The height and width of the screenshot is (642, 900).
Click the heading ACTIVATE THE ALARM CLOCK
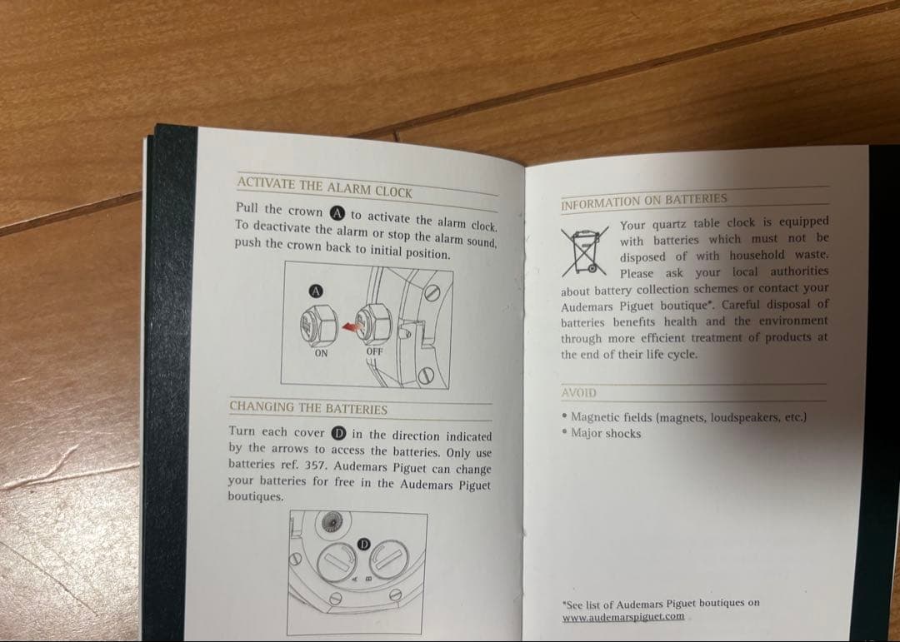[324, 187]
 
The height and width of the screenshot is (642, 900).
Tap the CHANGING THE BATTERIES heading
[308, 408]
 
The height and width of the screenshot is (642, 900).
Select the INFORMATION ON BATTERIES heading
[644, 201]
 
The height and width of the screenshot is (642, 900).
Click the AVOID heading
[579, 393]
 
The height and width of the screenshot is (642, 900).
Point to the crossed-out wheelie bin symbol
[584, 251]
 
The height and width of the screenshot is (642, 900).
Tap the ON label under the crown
[321, 353]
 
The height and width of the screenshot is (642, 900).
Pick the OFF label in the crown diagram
[374, 351]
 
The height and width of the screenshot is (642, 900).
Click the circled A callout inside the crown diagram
[316, 291]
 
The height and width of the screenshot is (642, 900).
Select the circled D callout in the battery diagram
[363, 544]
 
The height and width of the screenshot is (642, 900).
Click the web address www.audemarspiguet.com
[623, 617]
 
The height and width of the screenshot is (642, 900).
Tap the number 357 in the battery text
[316, 465]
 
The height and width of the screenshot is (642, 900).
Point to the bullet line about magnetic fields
[684, 417]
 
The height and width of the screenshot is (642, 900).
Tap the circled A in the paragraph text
[337, 213]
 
